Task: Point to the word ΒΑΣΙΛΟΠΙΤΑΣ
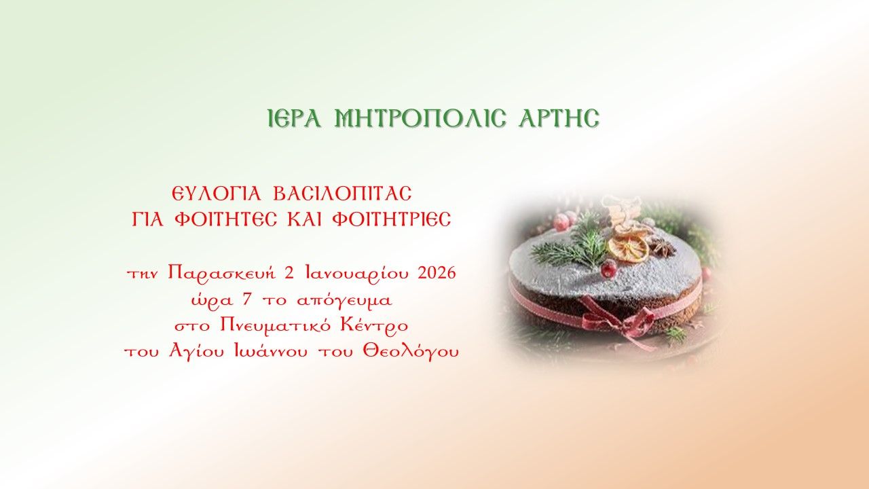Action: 342,195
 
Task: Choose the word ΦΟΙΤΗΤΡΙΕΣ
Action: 395,221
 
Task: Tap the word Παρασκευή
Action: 221,274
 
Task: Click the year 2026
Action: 437,274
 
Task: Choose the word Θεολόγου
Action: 420,352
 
